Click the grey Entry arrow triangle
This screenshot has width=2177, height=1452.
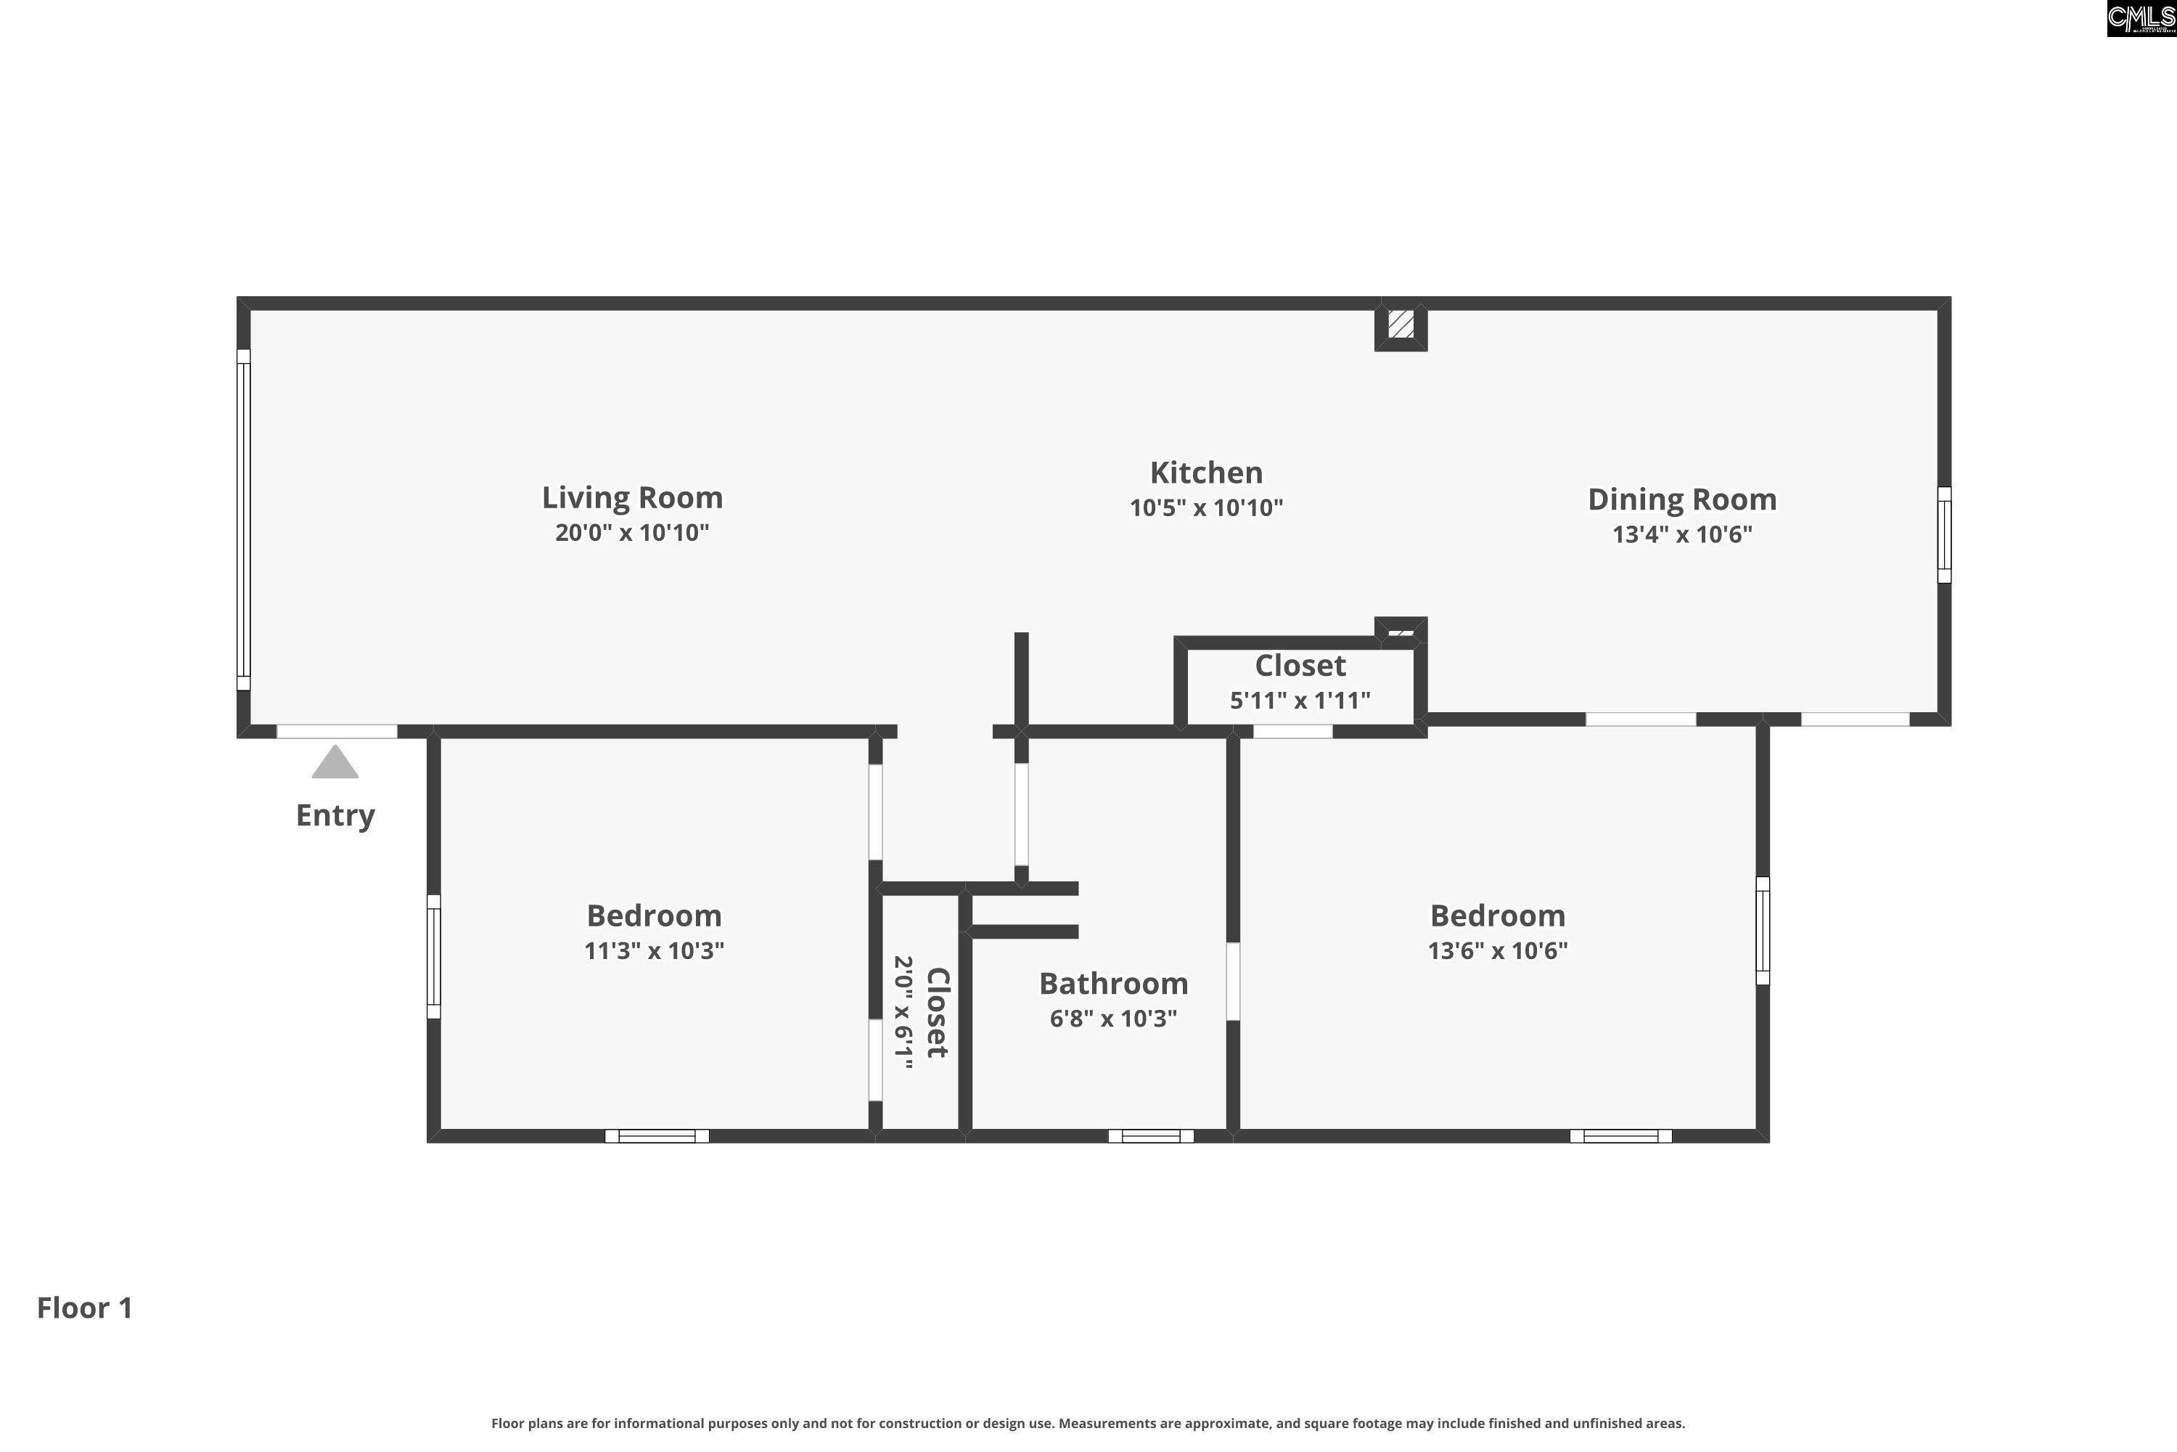(x=335, y=763)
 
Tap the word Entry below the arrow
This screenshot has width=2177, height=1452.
(x=335, y=816)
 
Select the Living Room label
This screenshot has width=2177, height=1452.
(x=632, y=498)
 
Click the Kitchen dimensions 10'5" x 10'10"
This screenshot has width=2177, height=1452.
(x=1206, y=507)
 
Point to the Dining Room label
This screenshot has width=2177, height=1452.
(x=1682, y=500)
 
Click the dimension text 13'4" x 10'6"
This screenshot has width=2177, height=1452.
(x=1682, y=534)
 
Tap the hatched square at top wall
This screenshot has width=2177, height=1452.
(x=1401, y=324)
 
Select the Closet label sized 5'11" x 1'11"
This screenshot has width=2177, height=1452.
(x=1300, y=666)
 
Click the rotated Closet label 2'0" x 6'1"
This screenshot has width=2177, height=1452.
(x=937, y=1012)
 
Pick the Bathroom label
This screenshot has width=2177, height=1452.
(x=1113, y=984)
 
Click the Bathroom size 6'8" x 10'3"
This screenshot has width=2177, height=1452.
(x=1113, y=1019)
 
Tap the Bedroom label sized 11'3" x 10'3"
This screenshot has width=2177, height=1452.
(x=654, y=915)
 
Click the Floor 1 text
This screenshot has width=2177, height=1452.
(x=85, y=1308)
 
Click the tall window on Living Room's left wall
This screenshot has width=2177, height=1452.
(x=243, y=520)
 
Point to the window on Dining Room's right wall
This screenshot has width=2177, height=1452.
(x=1944, y=535)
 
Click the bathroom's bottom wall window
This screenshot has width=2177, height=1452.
(x=1150, y=1136)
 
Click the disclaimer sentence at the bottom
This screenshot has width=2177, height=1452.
(x=1088, y=1423)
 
